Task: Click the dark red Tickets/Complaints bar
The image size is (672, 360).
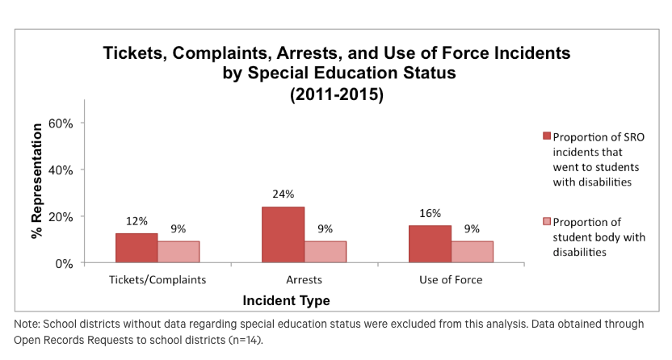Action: [136, 248]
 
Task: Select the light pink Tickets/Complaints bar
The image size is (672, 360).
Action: [178, 252]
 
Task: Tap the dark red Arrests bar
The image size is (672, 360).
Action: [283, 235]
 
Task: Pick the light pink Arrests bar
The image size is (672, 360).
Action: [325, 252]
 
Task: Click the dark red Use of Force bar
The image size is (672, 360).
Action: [430, 244]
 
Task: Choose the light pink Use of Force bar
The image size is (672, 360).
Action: [472, 252]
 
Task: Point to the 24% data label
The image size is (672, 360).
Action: [283, 194]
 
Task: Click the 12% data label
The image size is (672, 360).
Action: [136, 220]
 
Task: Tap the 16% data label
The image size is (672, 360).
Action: [430, 213]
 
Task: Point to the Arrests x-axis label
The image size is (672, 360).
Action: [304, 280]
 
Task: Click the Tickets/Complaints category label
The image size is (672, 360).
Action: [157, 280]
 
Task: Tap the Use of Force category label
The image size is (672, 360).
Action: [451, 280]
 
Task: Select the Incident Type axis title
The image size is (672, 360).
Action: [286, 300]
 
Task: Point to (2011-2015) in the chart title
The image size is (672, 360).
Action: [336, 94]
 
